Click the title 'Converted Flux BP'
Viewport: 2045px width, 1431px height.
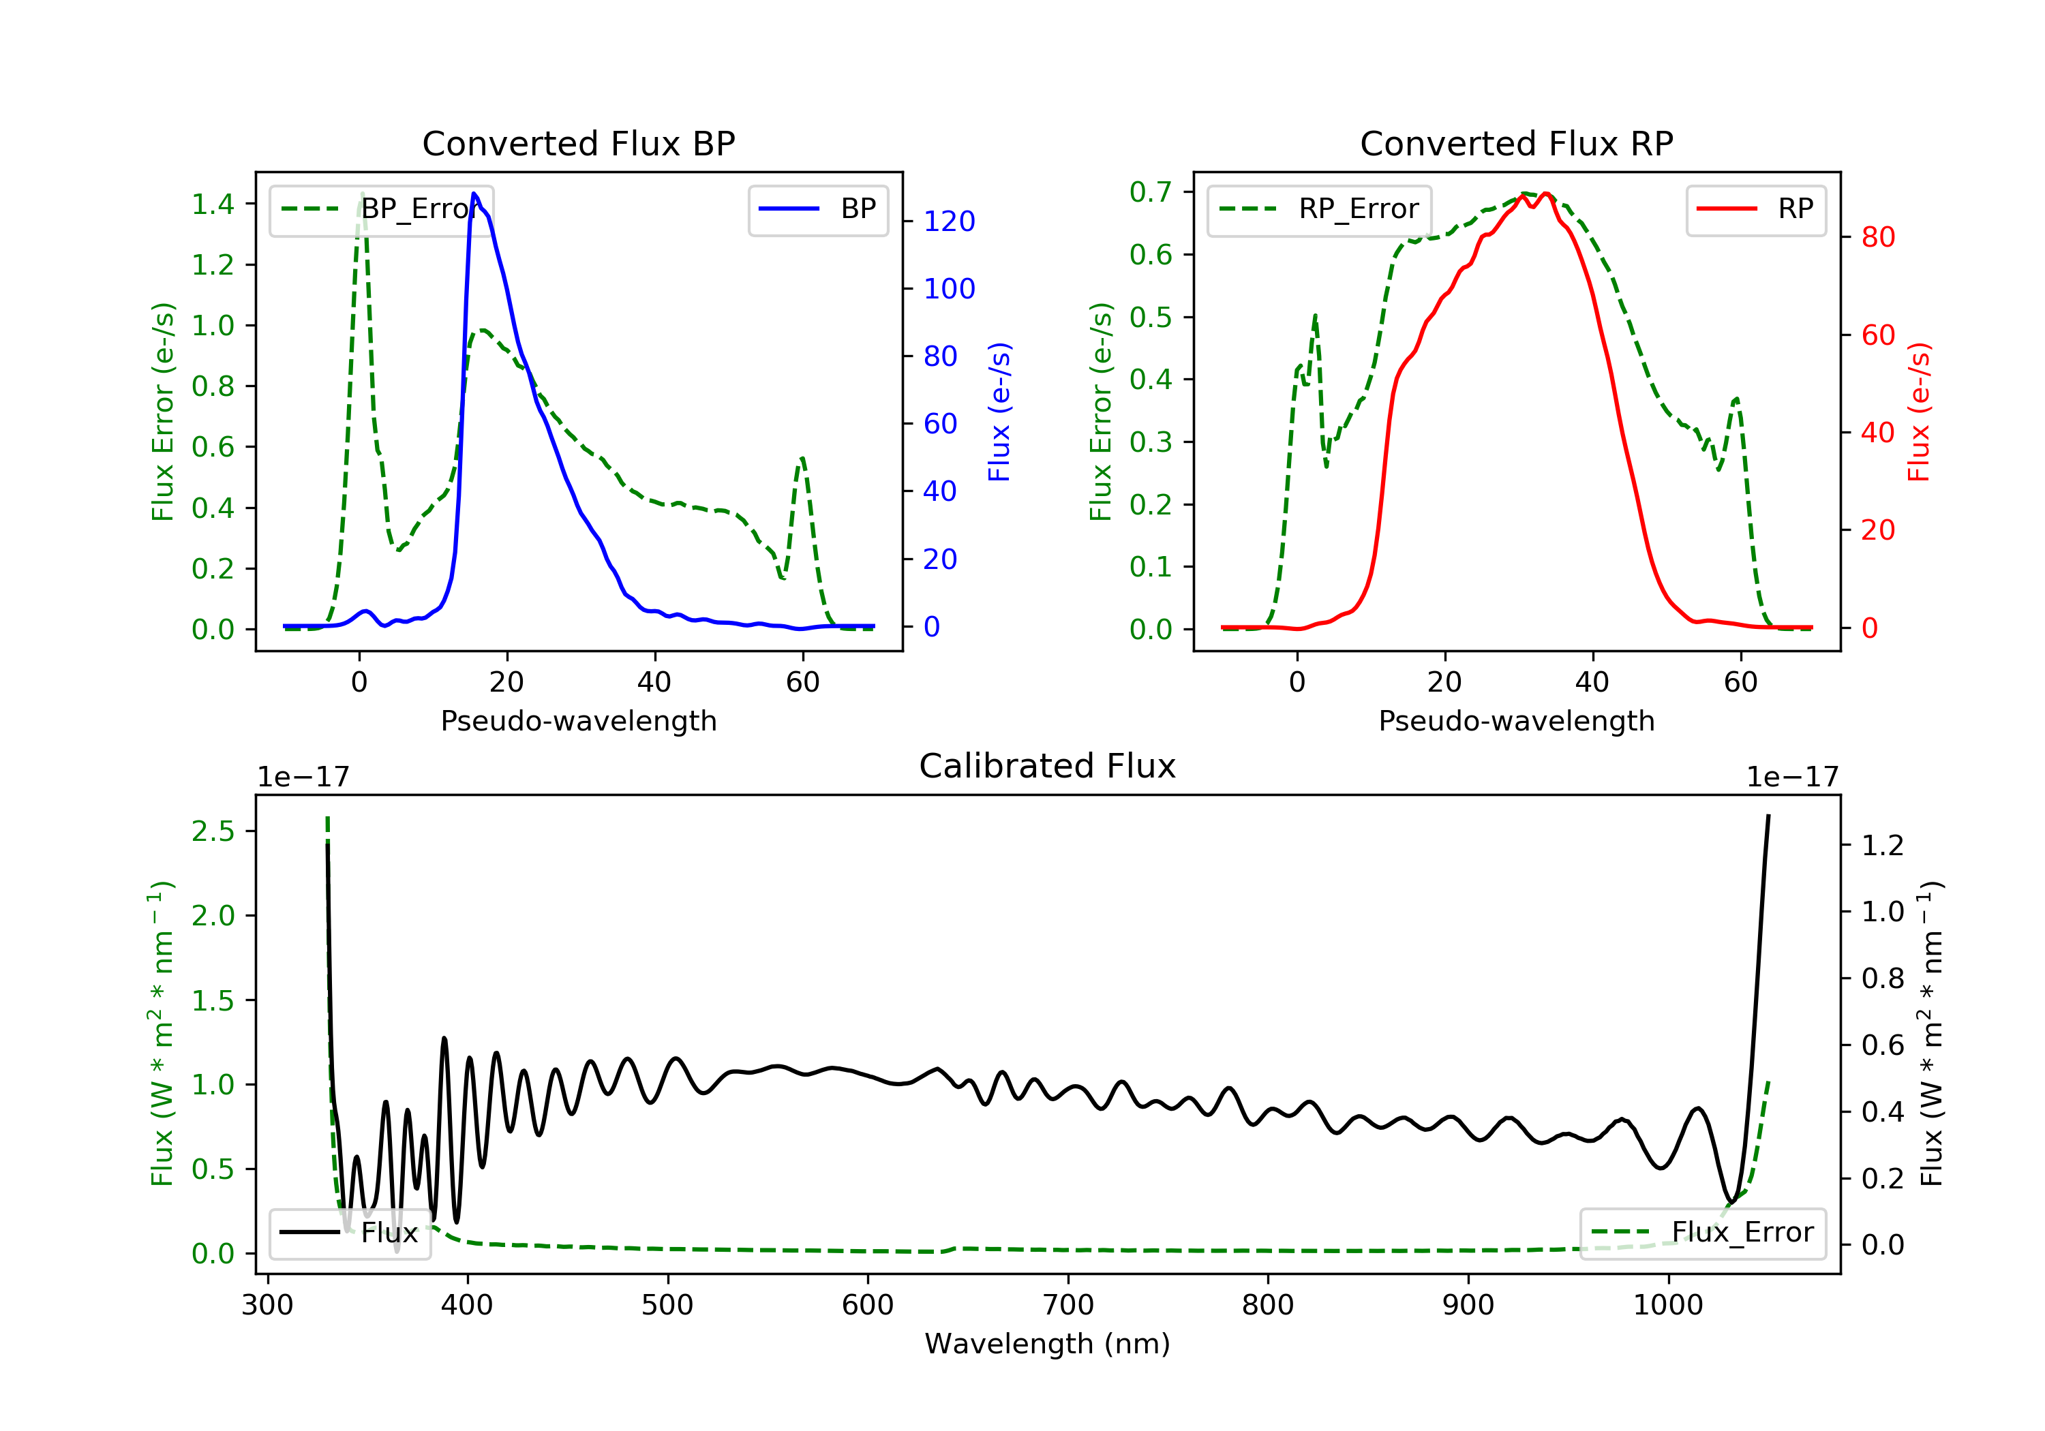pos(578,143)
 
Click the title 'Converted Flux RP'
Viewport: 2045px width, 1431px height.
pos(1516,143)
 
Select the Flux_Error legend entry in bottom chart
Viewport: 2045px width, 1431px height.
pos(1703,1233)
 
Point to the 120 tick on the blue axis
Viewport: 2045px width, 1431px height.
pos(949,221)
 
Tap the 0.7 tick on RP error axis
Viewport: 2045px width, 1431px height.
pos(1150,191)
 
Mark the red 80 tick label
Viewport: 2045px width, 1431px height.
pos(1877,237)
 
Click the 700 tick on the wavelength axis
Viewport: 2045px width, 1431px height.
pos(1068,1306)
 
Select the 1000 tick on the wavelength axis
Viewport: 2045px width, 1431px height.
pos(1667,1306)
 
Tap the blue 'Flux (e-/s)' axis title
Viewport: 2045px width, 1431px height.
pos(999,412)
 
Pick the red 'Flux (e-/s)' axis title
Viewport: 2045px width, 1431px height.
pos(1918,412)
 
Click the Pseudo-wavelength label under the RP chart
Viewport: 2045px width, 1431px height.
pos(1516,720)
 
